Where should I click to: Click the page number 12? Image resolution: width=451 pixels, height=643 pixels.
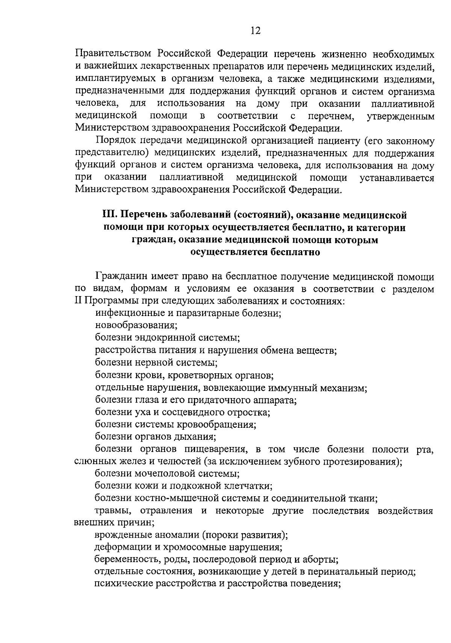coord(255,30)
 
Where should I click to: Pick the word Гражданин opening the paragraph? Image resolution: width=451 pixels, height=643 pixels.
coord(123,277)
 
